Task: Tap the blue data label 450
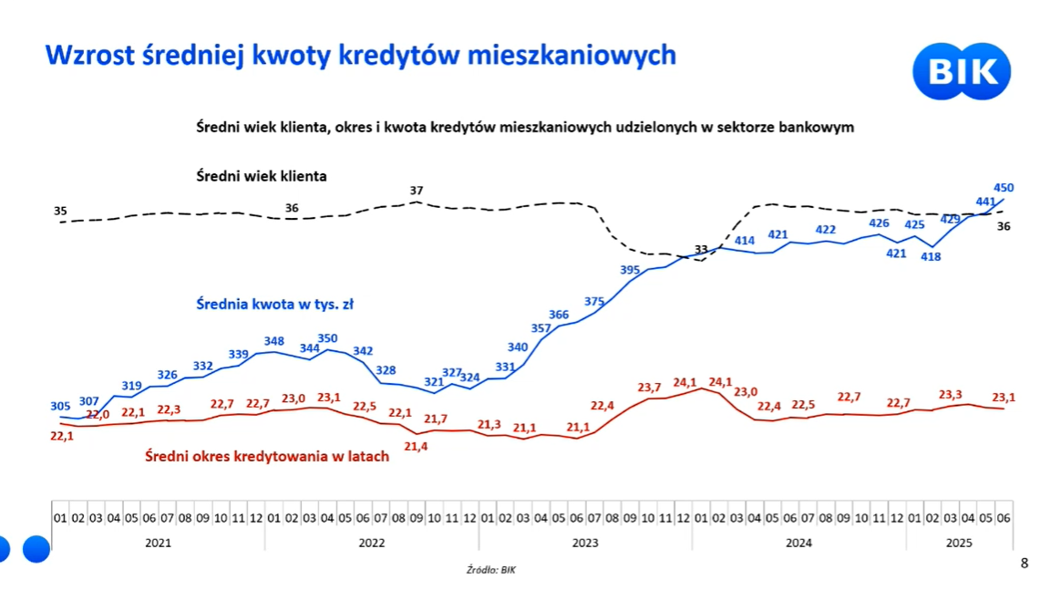(x=1003, y=188)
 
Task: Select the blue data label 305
(x=60, y=406)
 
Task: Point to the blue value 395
(x=630, y=270)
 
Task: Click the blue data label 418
(x=930, y=257)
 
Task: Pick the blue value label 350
(x=327, y=338)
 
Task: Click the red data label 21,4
(x=416, y=446)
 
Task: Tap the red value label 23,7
(x=649, y=388)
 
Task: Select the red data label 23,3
(x=951, y=395)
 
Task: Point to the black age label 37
(x=417, y=191)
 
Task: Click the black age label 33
(x=701, y=249)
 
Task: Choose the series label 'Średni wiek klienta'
(x=261, y=176)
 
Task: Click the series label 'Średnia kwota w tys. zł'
(x=274, y=305)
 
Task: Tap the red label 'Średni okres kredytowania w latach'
(x=267, y=456)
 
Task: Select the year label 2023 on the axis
(x=585, y=543)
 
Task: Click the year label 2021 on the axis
(x=158, y=543)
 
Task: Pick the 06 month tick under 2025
(x=1003, y=518)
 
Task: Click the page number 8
(x=1024, y=564)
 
